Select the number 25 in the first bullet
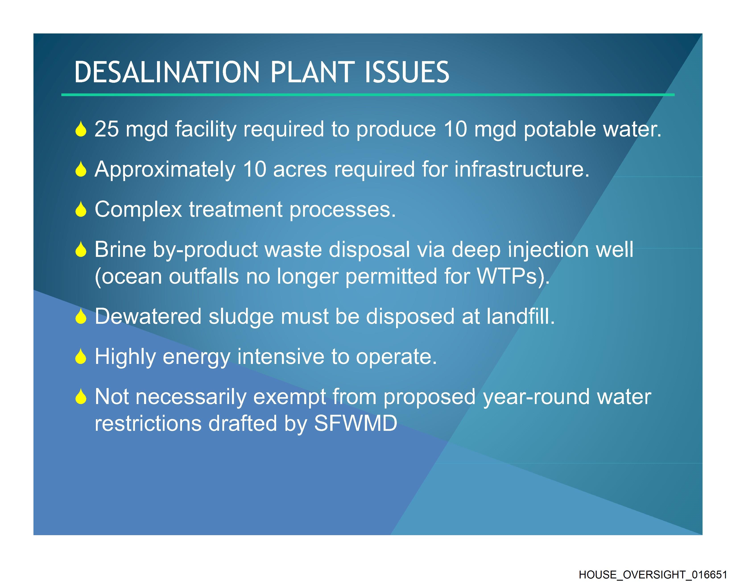107,129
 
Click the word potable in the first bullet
560,129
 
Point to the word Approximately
165,170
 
